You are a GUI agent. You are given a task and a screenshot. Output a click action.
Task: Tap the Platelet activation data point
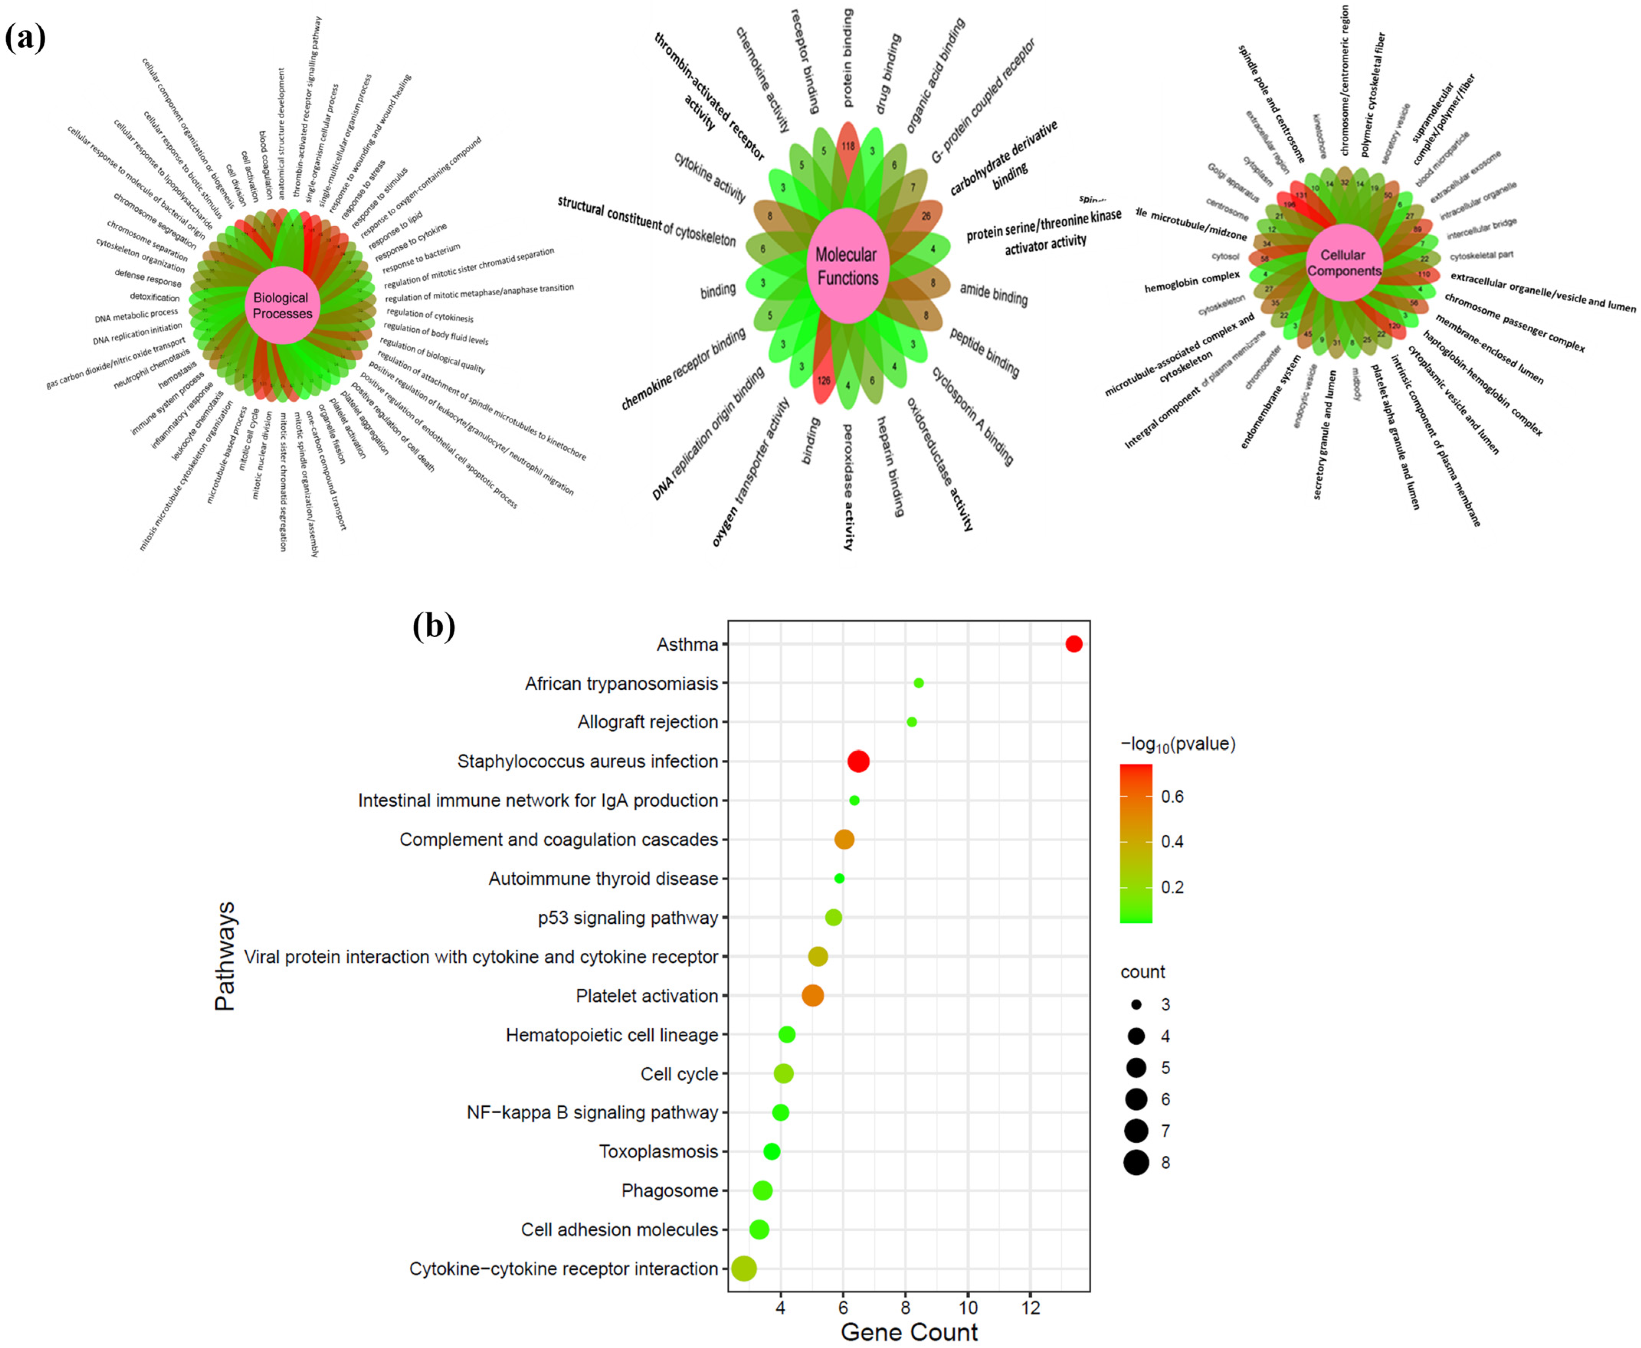[x=812, y=995]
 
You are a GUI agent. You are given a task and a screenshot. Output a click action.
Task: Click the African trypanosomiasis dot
[x=919, y=683]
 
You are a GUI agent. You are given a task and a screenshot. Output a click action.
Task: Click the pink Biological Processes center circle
[x=282, y=305]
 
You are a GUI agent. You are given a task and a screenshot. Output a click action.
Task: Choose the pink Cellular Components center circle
[x=1345, y=262]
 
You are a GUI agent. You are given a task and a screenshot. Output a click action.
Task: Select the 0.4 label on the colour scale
[x=1172, y=842]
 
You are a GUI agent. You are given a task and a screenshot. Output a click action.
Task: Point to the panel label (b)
[x=433, y=626]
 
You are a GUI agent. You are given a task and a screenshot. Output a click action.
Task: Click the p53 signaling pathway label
[x=627, y=918]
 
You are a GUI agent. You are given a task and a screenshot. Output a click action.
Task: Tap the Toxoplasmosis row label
[x=658, y=1152]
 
